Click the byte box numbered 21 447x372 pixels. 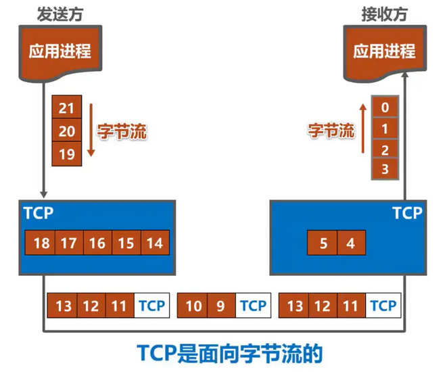[67, 107]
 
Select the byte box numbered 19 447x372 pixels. [67, 154]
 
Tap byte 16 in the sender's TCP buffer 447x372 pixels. [98, 243]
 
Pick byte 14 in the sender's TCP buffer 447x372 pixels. [155, 243]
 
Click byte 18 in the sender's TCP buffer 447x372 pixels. [40, 243]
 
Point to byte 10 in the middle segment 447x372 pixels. [193, 306]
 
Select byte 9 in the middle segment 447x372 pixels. [222, 306]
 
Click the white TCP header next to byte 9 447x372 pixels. [253, 306]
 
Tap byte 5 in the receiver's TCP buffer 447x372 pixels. [323, 243]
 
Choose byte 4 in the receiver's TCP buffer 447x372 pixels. [352, 243]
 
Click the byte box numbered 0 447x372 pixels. [385, 107]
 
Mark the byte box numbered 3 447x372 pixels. [385, 169]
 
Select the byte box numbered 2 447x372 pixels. [385, 149]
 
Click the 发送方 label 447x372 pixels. [60, 14]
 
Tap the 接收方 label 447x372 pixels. [385, 14]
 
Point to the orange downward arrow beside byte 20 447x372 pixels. [91, 130]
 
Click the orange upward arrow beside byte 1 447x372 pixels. [363, 129]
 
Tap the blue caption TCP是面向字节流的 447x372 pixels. [230, 354]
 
